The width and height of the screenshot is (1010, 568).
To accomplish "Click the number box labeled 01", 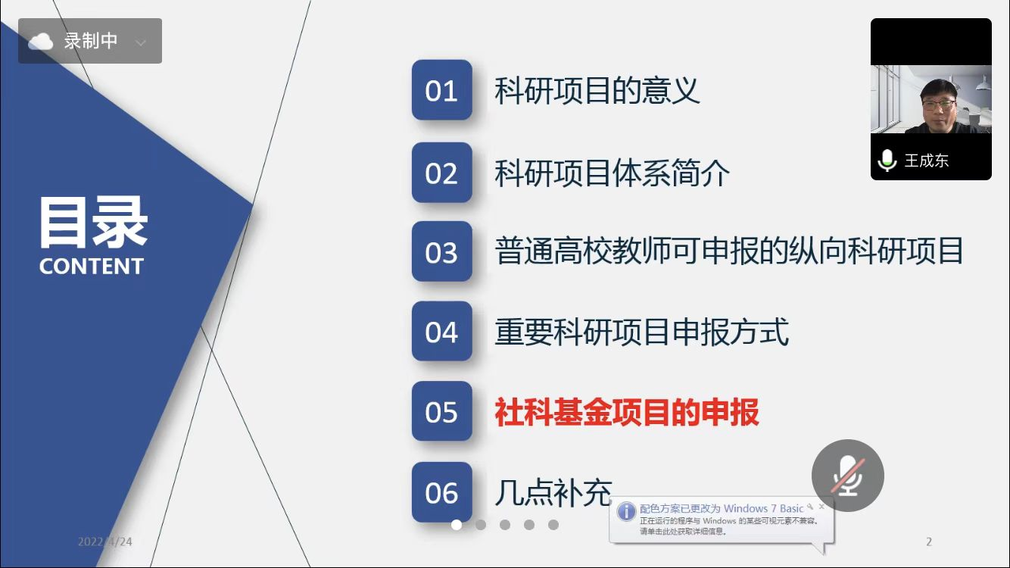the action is tap(442, 90).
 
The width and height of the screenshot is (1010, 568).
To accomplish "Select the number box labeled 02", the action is tap(442, 173).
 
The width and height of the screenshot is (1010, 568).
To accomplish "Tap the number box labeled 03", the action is tap(442, 251).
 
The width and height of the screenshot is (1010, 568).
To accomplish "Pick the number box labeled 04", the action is tap(442, 331).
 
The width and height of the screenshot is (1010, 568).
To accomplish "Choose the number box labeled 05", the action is tap(442, 411).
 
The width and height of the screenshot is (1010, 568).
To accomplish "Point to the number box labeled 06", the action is tap(442, 492).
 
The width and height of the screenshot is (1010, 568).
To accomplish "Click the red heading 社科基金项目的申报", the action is tap(627, 412).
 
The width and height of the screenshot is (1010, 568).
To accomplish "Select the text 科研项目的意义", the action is tap(597, 91).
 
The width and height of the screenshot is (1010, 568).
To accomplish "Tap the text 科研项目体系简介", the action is tap(612, 173).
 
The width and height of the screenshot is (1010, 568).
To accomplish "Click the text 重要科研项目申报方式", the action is tap(641, 332).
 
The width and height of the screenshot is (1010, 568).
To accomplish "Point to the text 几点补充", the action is tap(553, 493).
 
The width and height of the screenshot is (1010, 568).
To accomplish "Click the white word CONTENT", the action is tap(92, 266).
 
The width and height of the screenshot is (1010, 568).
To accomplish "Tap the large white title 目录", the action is tap(93, 222).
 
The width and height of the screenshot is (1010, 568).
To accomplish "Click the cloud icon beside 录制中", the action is tap(41, 42).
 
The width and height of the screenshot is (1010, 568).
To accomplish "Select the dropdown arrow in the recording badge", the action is tap(141, 43).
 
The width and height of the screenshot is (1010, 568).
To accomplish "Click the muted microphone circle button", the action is tap(848, 476).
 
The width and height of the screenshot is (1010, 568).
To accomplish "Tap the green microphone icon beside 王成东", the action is tap(887, 160).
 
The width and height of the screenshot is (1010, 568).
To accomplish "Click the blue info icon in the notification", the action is tap(626, 512).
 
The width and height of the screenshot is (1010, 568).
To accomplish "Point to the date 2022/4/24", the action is tap(105, 541).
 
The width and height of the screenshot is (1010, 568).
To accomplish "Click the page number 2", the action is tap(929, 541).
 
